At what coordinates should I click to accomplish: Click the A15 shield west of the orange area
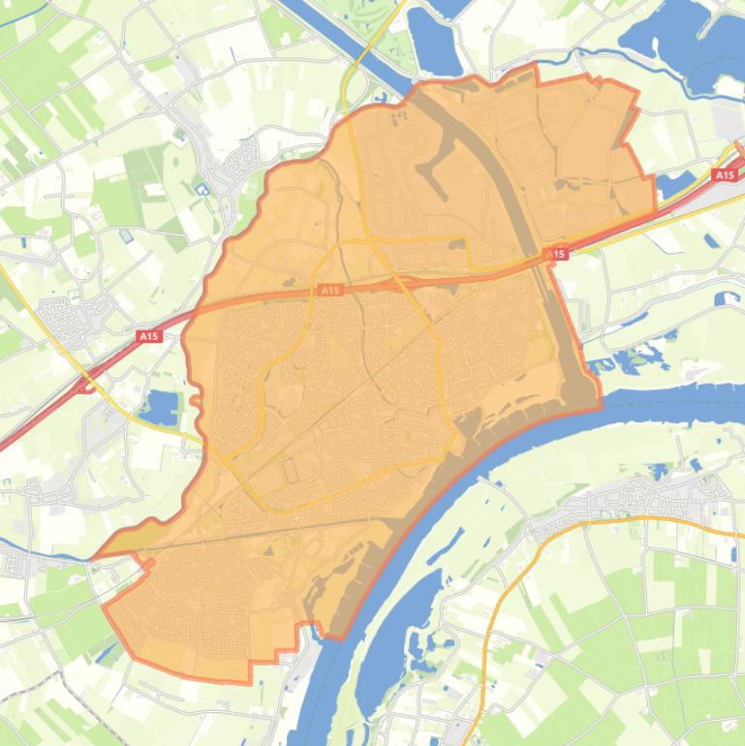[147, 336]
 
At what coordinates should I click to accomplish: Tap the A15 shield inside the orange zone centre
[330, 290]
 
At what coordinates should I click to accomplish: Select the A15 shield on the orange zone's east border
[556, 254]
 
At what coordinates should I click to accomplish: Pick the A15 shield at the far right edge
[724, 175]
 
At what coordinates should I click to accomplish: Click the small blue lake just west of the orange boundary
[160, 408]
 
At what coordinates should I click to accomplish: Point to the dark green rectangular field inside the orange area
[289, 472]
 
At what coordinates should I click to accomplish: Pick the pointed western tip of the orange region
[94, 558]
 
